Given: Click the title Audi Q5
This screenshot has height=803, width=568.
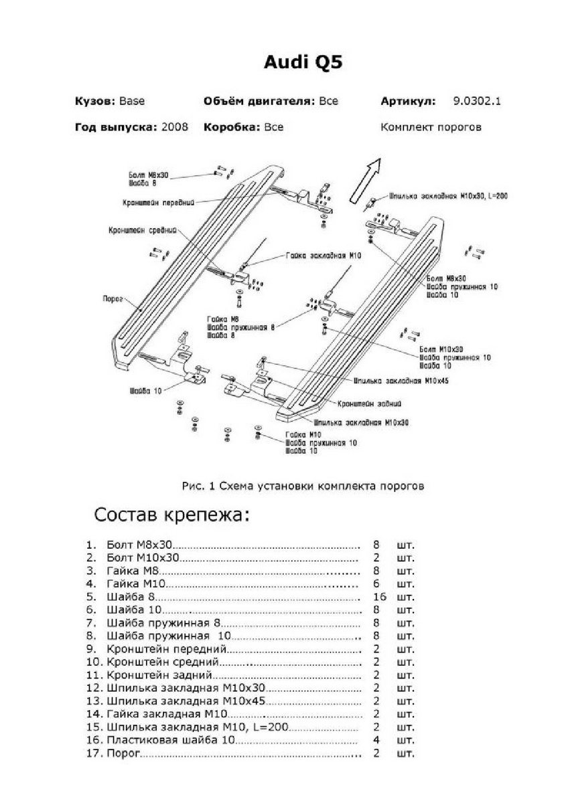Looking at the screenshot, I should point(303,63).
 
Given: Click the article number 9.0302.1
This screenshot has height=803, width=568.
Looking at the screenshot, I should point(477,102).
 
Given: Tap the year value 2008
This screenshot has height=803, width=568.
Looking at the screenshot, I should point(175,126).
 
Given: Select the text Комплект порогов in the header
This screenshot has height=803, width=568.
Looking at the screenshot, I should point(431,126).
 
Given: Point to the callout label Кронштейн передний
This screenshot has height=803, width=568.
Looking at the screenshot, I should point(158,201).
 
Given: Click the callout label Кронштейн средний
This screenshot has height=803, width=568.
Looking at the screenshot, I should point(143,230).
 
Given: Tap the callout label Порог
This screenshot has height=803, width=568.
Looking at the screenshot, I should point(112,300).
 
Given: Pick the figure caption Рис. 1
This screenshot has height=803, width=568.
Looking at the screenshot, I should point(303,486).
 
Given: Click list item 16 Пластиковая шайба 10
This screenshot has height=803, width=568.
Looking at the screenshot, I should point(171,740).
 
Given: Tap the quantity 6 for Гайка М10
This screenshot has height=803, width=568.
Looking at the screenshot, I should point(376,583).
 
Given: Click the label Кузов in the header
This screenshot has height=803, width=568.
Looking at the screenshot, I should point(95,102).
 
